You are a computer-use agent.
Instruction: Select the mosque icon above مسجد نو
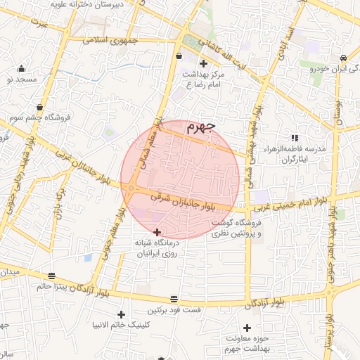22,69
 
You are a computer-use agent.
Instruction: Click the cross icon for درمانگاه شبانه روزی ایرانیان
156,232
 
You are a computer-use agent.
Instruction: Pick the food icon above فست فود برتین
174,299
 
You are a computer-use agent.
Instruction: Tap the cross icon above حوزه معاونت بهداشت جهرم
246,328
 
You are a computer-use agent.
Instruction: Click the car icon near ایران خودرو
342,58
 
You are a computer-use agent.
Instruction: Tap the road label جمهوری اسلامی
112,40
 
